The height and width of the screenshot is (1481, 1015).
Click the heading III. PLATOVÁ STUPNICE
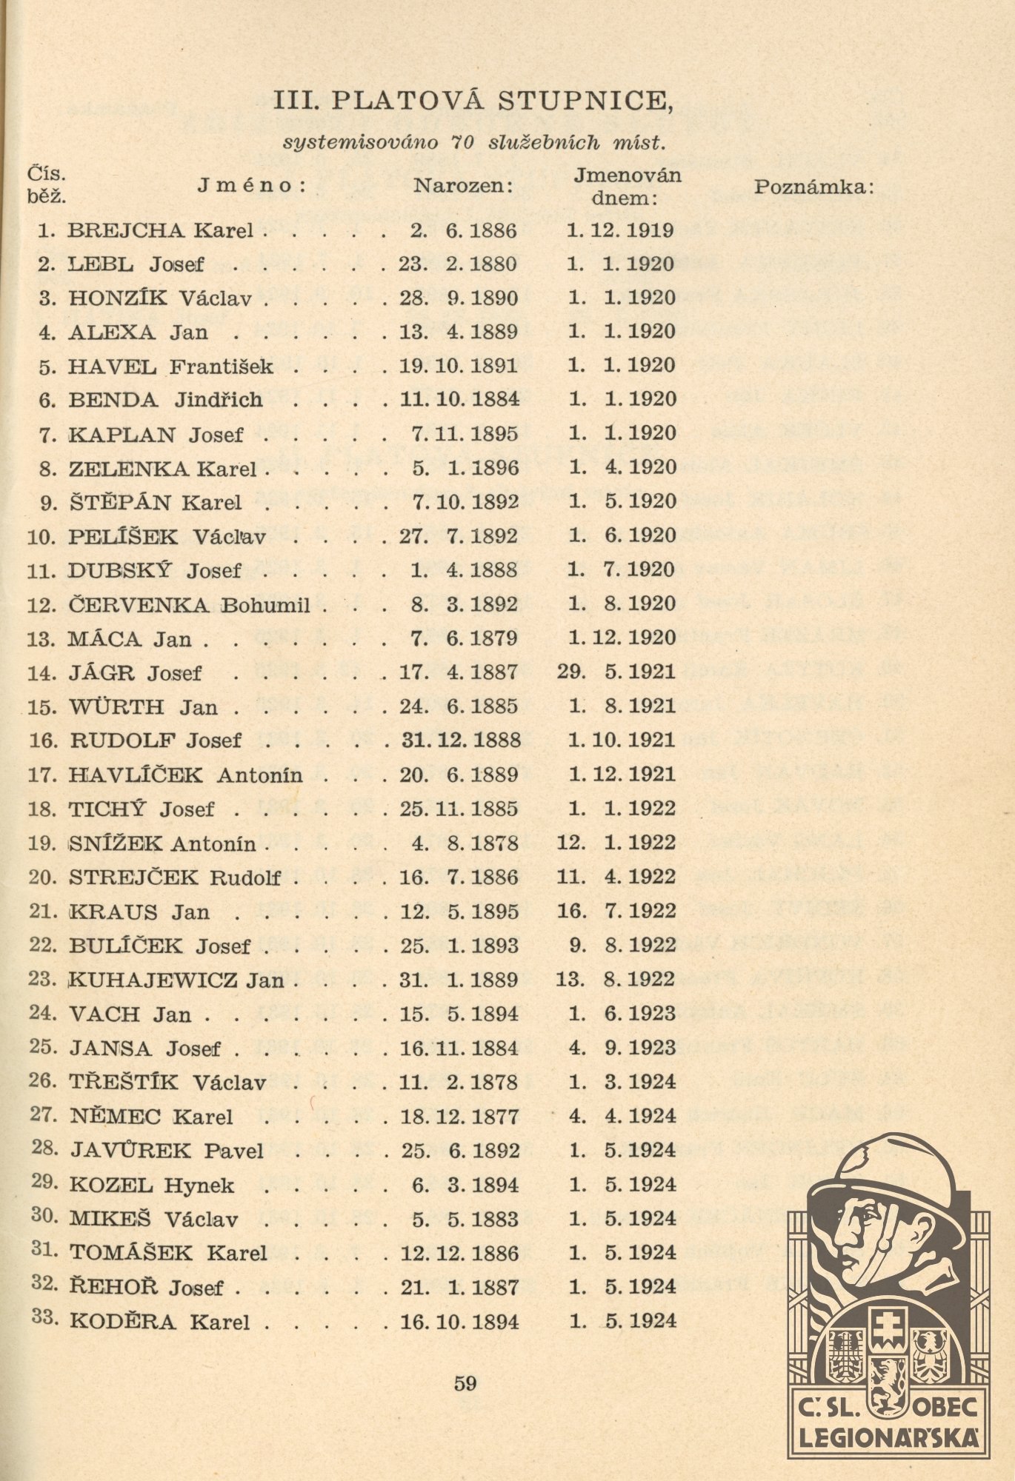click(473, 101)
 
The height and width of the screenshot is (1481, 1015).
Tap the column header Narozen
click(463, 185)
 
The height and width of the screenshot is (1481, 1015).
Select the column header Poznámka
click(814, 187)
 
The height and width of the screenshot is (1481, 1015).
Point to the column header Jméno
click(252, 185)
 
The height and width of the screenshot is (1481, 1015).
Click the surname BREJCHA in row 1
click(126, 230)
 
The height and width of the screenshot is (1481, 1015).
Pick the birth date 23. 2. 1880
click(459, 264)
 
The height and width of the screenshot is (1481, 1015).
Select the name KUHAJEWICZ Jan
click(177, 980)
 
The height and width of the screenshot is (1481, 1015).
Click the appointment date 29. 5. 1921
click(617, 672)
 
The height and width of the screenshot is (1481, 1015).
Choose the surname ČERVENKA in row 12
click(139, 605)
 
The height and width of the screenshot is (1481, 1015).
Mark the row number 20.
click(42, 877)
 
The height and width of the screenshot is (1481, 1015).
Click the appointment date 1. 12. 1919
click(620, 230)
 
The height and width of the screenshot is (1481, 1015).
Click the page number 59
click(465, 1383)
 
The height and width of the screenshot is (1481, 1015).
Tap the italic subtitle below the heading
click(474, 142)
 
